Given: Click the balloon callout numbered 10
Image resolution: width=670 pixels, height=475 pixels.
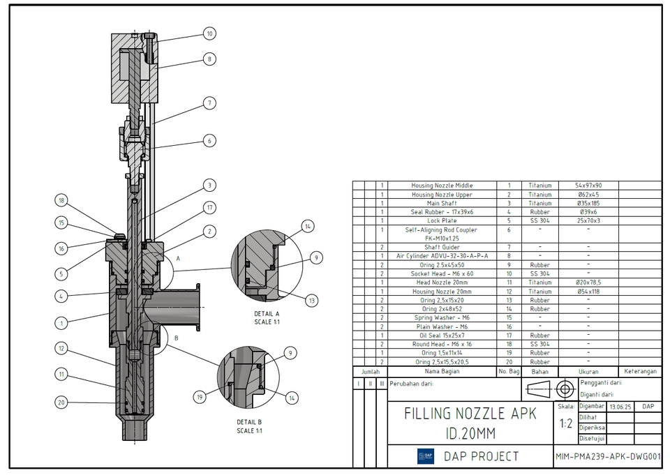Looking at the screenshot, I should click(x=209, y=33).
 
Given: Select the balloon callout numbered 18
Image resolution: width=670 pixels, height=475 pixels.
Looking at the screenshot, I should click(x=61, y=201).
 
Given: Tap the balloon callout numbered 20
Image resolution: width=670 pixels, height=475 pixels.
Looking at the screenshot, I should click(x=61, y=402).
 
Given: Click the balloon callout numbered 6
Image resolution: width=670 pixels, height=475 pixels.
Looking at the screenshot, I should click(x=209, y=140).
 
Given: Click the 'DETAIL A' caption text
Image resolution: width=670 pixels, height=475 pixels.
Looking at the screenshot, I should click(x=267, y=314).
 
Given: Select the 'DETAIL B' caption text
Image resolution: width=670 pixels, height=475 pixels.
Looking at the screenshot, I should click(x=249, y=422).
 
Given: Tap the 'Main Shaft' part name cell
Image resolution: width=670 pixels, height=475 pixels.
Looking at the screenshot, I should click(x=442, y=203).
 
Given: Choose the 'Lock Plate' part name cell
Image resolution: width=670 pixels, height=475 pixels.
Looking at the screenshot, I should click(x=442, y=220).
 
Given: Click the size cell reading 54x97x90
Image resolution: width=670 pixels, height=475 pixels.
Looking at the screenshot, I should click(x=588, y=186).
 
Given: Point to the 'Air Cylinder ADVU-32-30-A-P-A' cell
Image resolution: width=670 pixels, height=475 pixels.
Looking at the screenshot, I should click(x=442, y=256).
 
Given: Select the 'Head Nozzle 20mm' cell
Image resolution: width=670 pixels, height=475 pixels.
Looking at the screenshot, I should click(x=442, y=282).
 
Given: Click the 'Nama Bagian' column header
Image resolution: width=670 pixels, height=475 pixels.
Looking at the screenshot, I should click(x=442, y=372).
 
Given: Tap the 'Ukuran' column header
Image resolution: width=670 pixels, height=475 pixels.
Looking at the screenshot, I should click(x=588, y=372).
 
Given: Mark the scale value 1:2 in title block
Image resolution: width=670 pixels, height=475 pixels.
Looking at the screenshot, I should click(x=566, y=423).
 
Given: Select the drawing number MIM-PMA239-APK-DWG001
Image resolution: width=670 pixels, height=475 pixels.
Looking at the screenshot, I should click(x=607, y=457).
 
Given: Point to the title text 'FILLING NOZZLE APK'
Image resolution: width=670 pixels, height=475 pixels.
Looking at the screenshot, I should click(x=470, y=414).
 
